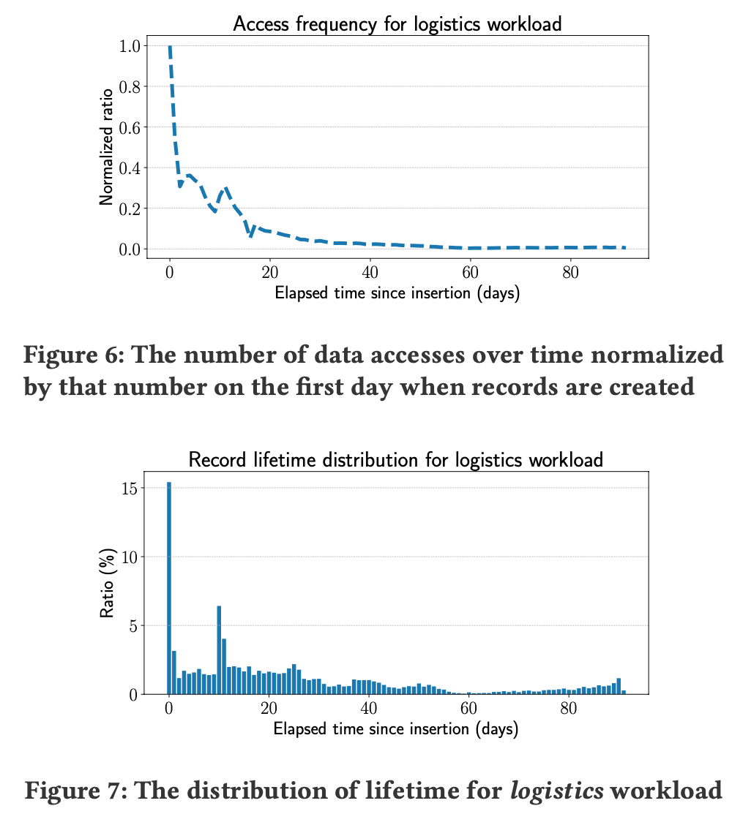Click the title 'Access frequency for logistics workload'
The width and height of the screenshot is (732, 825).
tap(397, 23)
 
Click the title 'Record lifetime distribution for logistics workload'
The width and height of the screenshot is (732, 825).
tap(395, 460)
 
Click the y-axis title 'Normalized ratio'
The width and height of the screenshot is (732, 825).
tap(107, 147)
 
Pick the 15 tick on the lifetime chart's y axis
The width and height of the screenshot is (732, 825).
tap(129, 488)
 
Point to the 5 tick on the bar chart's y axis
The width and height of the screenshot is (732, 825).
tap(133, 625)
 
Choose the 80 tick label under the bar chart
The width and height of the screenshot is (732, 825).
tap(569, 708)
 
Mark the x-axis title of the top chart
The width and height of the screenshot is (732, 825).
tap(397, 294)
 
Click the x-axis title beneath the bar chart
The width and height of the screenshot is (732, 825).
tap(395, 729)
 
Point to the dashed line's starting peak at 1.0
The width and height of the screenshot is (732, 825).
tap(170, 46)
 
